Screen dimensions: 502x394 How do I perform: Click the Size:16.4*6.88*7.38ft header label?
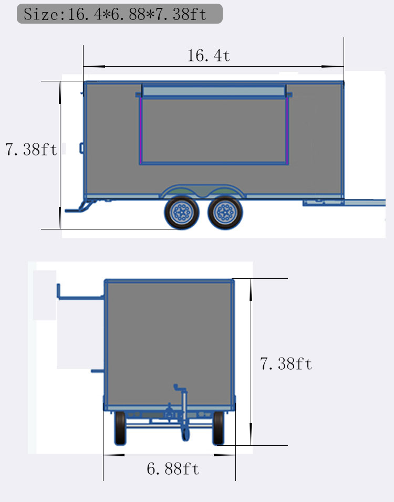pos(120,14)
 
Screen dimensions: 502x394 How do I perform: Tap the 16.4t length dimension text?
pos(209,56)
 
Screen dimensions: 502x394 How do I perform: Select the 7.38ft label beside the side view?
pos(31,150)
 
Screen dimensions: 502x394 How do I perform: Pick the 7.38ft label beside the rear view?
pos(286,363)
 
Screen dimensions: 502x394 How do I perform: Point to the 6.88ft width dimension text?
pos(173,468)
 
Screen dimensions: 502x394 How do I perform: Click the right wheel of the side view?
pos(225,213)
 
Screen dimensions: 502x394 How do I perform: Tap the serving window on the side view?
pos(214,131)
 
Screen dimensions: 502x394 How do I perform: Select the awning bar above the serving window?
pos(214,92)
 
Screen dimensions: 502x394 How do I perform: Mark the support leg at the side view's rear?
pos(78,207)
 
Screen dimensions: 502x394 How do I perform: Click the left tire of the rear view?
pos(120,427)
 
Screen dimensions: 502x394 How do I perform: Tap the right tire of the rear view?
pos(218,427)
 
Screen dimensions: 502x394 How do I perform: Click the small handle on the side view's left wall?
pos(82,149)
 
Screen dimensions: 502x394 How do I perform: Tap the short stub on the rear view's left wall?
pos(98,371)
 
